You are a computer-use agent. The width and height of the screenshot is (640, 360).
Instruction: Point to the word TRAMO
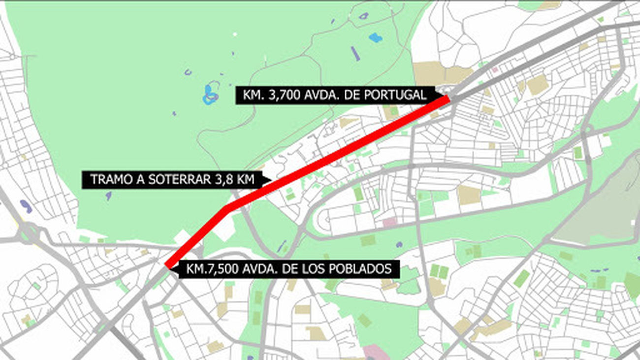click(108, 180)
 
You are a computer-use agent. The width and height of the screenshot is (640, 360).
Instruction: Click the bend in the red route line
click(227, 208)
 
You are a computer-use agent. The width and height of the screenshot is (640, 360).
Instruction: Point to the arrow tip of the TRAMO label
click(271, 180)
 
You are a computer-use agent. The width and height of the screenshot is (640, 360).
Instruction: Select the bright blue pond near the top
click(375, 37)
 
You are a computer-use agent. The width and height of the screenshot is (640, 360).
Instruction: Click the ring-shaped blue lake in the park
click(211, 95)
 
